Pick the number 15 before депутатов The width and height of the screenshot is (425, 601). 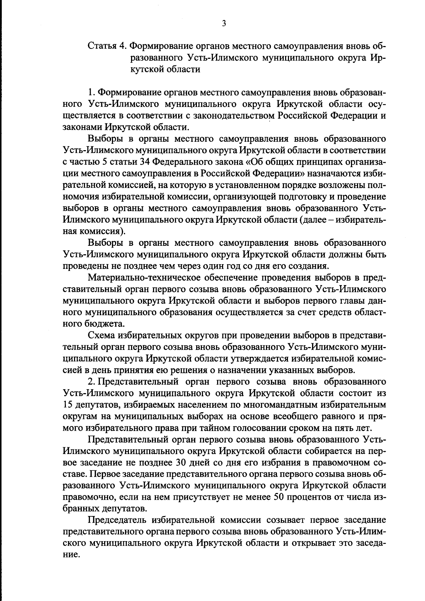67,405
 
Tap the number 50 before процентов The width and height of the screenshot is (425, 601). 280,497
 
